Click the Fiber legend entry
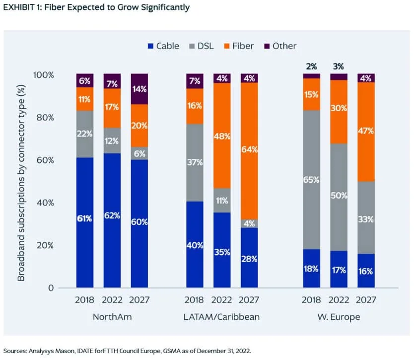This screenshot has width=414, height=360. click(x=238, y=46)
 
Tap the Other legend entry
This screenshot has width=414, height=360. click(x=279, y=46)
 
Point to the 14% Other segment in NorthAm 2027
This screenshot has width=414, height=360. click(x=139, y=89)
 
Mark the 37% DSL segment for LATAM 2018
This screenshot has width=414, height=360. click(x=195, y=162)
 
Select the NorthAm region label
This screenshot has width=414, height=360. click(x=112, y=316)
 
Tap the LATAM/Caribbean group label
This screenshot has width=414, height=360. click(x=222, y=316)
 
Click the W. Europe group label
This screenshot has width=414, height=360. click(x=339, y=316)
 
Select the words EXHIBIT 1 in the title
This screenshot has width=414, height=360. click(x=22, y=7)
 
